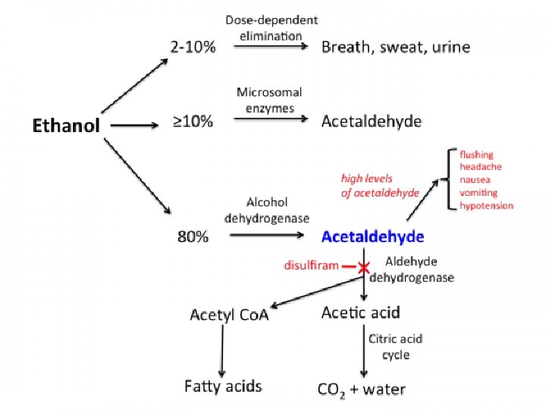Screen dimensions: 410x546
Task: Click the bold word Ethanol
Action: pyautogui.click(x=65, y=125)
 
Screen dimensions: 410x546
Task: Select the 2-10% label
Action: pyautogui.click(x=193, y=47)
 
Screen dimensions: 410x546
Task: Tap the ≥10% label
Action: pyautogui.click(x=193, y=121)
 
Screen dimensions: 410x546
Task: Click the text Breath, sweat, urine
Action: pyautogui.click(x=396, y=47)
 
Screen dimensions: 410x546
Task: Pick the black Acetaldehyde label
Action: pyautogui.click(x=372, y=121)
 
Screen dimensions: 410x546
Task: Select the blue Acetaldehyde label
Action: pyautogui.click(x=372, y=236)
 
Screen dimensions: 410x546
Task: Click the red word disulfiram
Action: pyautogui.click(x=311, y=266)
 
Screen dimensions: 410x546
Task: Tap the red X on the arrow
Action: pyautogui.click(x=364, y=267)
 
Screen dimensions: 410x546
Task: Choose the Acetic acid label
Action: pyautogui.click(x=361, y=312)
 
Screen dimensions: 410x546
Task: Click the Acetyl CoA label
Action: pyautogui.click(x=229, y=315)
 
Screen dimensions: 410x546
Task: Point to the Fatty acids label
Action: pyautogui.click(x=223, y=386)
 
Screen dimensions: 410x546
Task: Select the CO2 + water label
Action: pyautogui.click(x=361, y=390)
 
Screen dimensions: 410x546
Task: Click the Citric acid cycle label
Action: pyautogui.click(x=395, y=346)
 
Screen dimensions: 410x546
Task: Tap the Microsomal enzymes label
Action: pyautogui.click(x=269, y=100)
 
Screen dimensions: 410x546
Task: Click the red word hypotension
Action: pyautogui.click(x=487, y=206)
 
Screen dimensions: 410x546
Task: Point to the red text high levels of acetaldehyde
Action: pyautogui.click(x=380, y=186)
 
